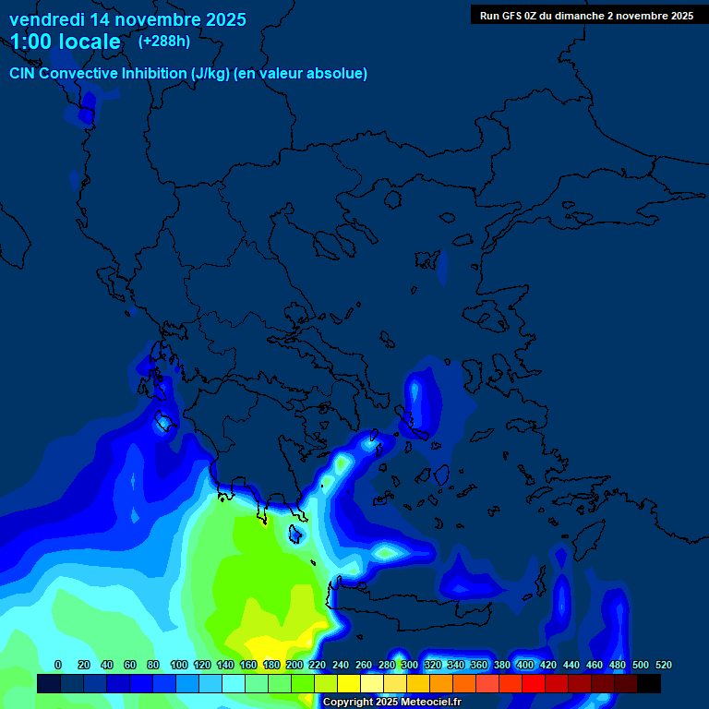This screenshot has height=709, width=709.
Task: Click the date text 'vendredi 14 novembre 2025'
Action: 127,19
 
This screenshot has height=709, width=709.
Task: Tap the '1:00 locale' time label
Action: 65,42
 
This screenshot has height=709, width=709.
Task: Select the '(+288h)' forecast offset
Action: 164,41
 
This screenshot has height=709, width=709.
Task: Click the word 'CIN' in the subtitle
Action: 23,74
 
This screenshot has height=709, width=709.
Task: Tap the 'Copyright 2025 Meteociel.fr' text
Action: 391,703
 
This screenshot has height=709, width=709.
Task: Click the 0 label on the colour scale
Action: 58,665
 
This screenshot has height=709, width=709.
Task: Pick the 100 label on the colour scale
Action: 179,665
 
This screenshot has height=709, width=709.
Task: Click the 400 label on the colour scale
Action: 525,665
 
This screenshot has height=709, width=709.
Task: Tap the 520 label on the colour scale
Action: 663,665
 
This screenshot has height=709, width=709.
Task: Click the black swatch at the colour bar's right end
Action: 648,684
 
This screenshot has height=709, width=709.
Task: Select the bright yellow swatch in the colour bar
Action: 348,684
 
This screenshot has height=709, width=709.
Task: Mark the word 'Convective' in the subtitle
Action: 79,74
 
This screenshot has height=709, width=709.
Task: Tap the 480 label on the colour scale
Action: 618,665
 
